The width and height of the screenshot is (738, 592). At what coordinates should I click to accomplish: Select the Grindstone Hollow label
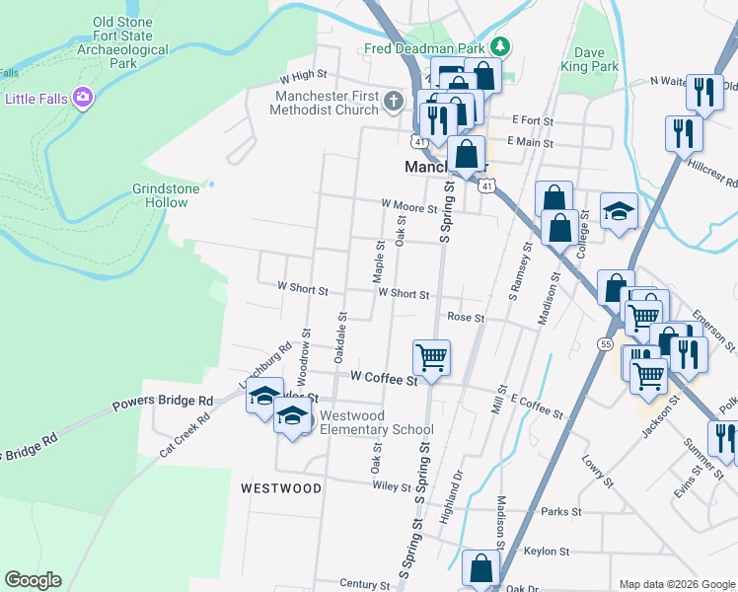tap(160, 195)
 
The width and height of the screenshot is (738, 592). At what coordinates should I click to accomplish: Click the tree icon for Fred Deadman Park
tap(500, 46)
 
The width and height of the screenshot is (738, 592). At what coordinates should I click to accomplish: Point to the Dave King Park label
tap(596, 60)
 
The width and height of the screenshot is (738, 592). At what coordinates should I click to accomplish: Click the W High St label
tap(303, 75)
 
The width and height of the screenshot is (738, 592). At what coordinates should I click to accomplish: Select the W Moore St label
tap(409, 204)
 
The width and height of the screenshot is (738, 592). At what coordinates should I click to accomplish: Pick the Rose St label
tap(466, 318)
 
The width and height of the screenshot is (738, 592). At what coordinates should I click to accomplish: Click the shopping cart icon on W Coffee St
tap(431, 356)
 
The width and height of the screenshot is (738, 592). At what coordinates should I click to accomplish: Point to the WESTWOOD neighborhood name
tap(281, 488)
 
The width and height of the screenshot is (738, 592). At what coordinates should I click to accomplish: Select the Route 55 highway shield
tap(604, 342)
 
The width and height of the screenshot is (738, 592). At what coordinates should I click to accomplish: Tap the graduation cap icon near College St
tap(620, 211)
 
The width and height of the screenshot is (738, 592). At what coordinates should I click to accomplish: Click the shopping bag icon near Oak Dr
tap(480, 568)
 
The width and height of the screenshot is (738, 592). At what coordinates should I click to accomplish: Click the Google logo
tap(33, 580)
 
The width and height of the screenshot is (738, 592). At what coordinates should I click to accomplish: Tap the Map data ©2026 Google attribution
tap(675, 584)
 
